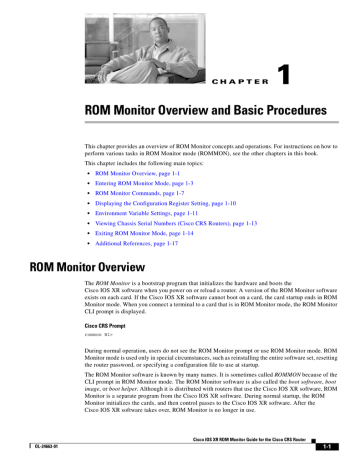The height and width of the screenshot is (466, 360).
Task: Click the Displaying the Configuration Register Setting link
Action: pos(165,202)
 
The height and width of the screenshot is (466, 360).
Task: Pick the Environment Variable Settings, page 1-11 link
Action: pos(145,212)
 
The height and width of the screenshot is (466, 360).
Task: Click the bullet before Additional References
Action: pos(85,243)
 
